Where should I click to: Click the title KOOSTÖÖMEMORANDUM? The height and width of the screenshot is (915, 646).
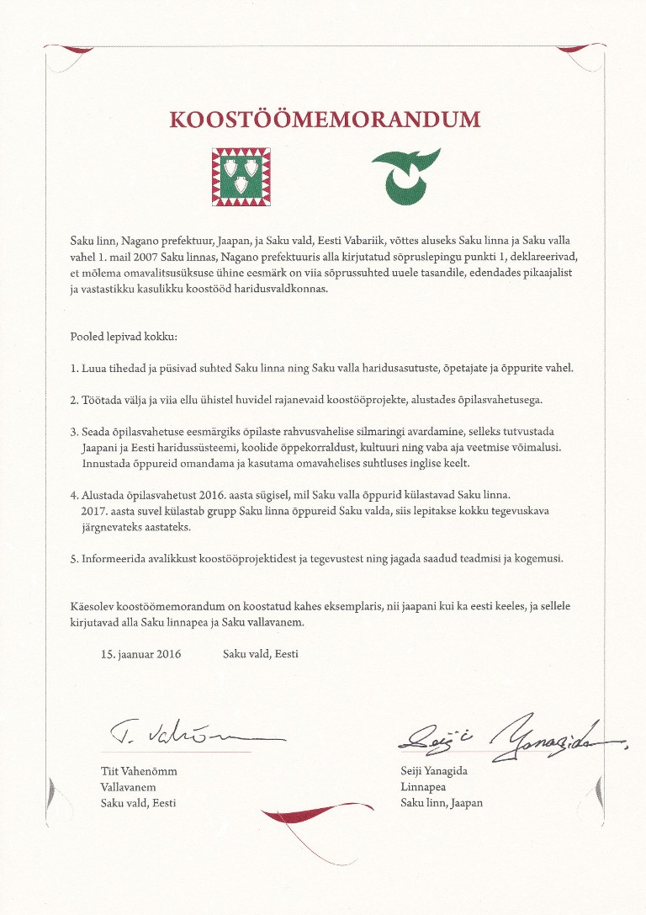coord(324,119)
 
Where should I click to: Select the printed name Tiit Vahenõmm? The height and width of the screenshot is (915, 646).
coord(139,771)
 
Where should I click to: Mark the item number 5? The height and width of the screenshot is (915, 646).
coord(74,559)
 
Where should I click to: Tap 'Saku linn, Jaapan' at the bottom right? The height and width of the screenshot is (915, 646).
coord(442,803)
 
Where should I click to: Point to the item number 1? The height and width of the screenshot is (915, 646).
coord(74,369)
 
